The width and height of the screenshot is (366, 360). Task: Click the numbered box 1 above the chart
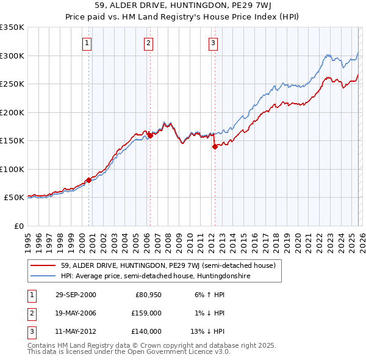coord(88,43)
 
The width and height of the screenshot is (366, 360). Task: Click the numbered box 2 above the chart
coord(149,43)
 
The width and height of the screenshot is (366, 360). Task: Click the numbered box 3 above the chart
coord(213,43)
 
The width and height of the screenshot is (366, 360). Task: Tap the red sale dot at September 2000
coord(88,180)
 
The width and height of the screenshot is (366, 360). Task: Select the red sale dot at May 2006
coord(149,135)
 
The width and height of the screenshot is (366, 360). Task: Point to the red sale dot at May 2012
coord(215,146)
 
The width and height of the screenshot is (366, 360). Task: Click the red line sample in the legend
coord(43,265)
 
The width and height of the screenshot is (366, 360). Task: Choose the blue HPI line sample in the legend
coord(43,276)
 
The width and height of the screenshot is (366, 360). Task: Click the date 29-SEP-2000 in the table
coord(76,295)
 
